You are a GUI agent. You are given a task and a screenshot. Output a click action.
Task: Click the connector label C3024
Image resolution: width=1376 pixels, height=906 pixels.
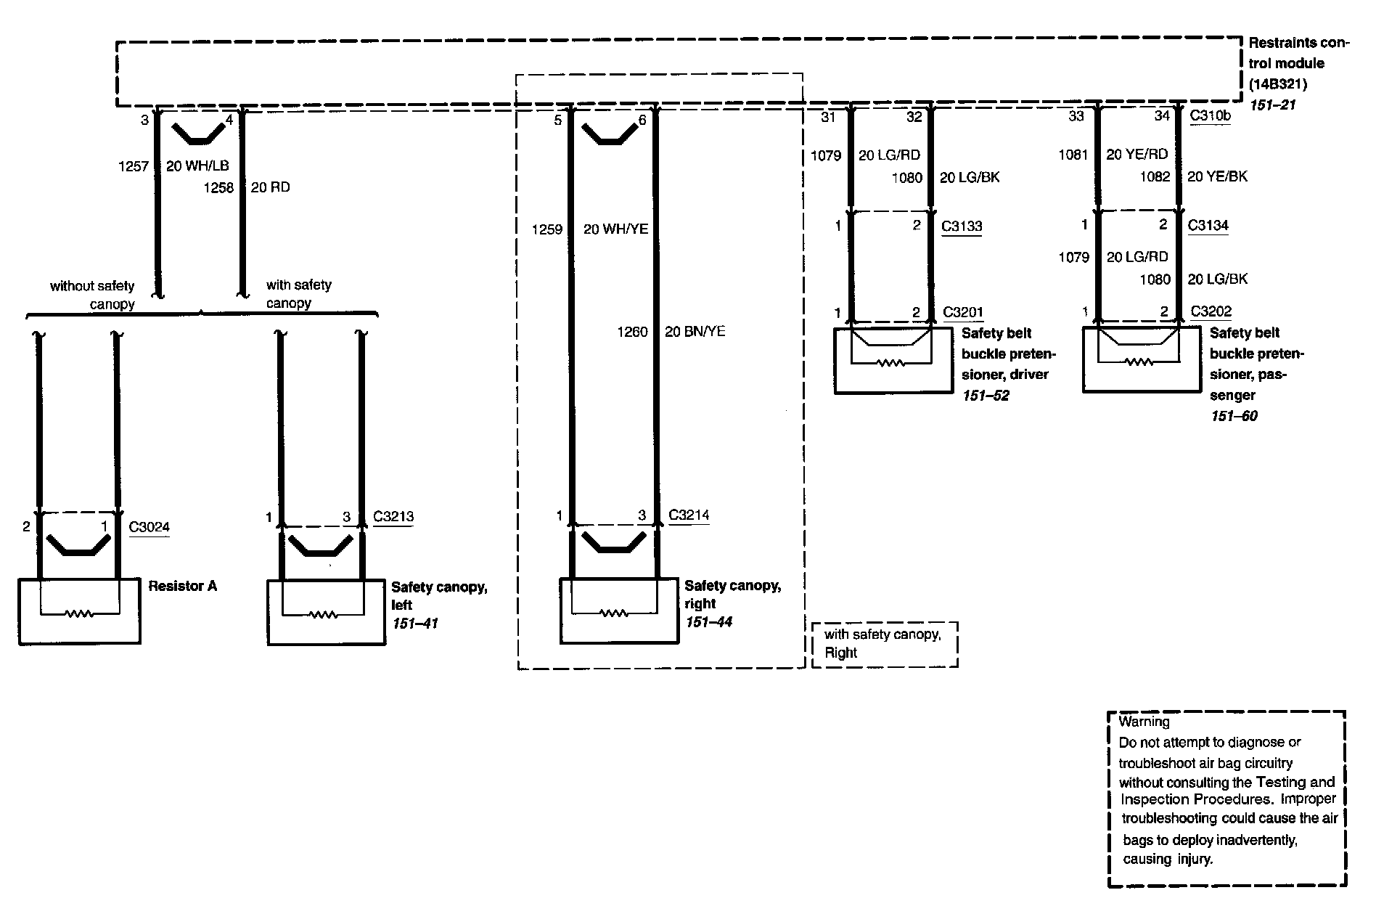click(149, 526)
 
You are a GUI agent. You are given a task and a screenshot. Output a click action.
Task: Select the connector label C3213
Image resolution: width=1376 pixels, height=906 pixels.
click(393, 516)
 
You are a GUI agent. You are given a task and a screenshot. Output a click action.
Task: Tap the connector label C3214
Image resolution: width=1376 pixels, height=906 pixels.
click(688, 515)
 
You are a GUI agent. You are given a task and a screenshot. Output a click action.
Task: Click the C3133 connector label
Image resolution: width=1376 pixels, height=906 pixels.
click(961, 226)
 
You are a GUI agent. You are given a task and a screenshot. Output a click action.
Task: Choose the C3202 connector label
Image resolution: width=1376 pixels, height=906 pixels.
click(1211, 311)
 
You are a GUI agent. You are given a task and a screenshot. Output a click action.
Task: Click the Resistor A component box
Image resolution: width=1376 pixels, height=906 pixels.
click(79, 611)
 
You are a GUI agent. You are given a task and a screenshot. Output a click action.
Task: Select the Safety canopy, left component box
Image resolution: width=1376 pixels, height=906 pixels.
click(326, 612)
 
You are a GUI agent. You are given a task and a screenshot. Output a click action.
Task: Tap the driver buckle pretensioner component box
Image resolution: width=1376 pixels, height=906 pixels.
click(892, 361)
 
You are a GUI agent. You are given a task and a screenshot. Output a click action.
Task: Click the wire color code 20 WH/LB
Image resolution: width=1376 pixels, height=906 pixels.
click(197, 166)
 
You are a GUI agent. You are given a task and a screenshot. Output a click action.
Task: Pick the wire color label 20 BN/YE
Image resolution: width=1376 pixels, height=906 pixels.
click(695, 332)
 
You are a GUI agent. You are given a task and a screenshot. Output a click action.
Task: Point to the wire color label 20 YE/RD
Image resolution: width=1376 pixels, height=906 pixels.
click(1137, 154)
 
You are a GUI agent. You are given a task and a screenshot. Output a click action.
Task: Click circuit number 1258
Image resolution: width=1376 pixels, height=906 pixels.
click(218, 187)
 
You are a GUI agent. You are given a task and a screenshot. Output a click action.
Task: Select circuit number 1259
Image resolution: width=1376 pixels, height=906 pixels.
click(547, 229)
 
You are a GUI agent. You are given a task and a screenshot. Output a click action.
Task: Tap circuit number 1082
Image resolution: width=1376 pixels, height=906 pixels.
click(1155, 176)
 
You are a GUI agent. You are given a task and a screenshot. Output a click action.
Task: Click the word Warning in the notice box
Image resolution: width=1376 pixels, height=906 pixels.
click(1144, 722)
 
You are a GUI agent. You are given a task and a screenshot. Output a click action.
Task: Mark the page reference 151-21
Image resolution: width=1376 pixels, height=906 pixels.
click(1271, 105)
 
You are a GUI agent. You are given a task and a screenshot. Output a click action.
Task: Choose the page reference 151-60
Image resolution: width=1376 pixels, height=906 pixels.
click(1234, 416)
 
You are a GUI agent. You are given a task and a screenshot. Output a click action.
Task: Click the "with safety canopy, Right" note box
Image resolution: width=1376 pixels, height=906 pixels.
click(884, 644)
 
